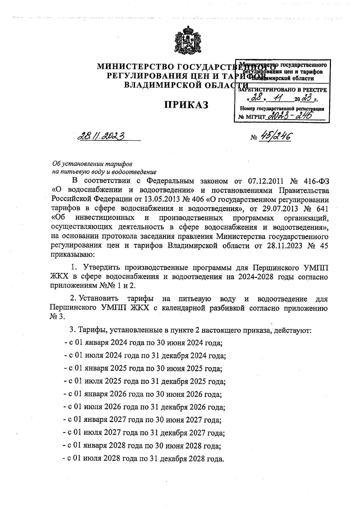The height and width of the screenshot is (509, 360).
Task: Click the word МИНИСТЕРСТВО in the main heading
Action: [135, 67]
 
